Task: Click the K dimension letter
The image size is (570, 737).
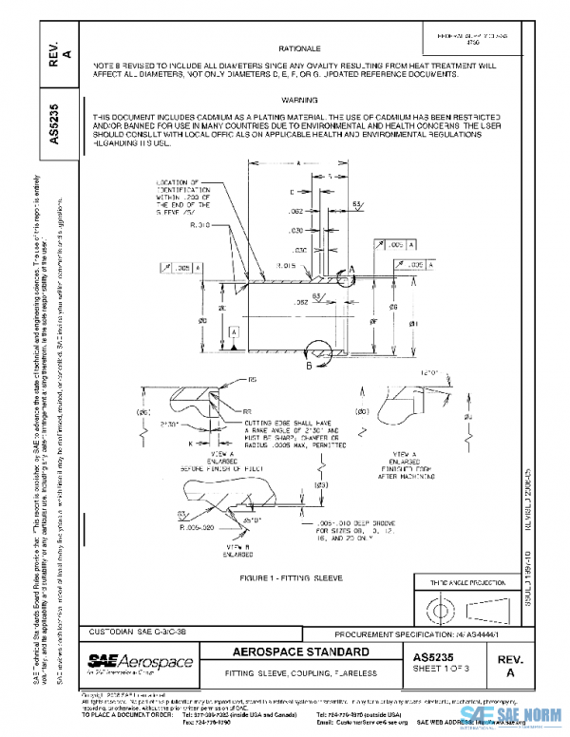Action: point(189,444)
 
